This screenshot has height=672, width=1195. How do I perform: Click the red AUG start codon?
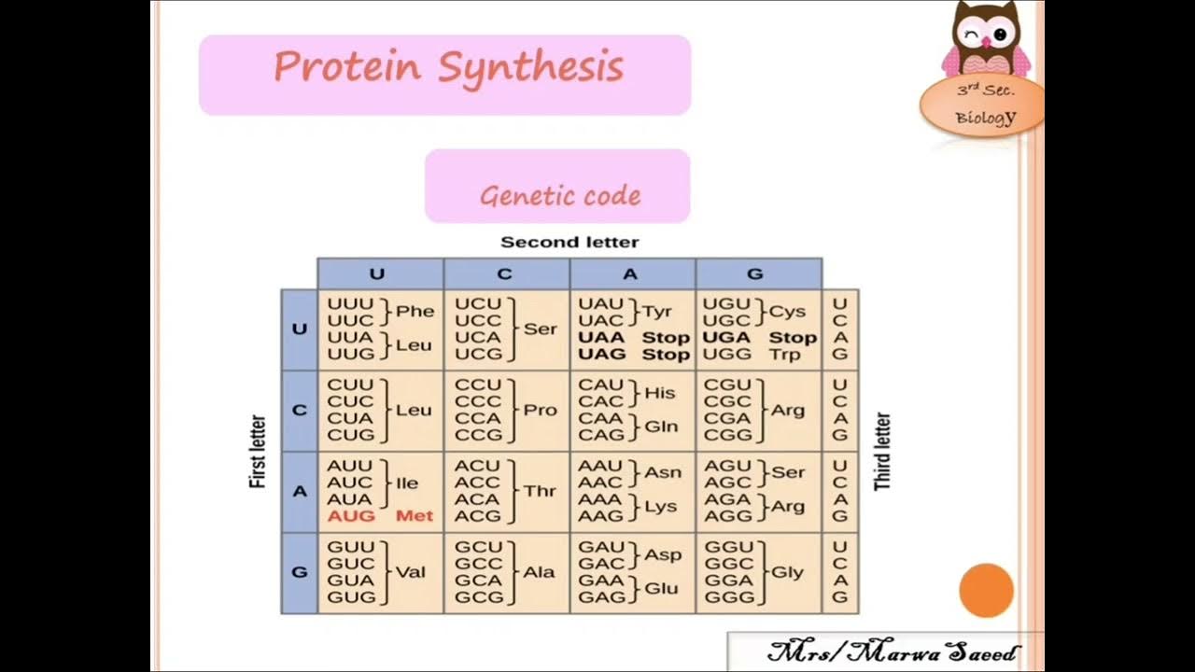coord(351,516)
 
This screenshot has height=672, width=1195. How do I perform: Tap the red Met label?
coord(415,516)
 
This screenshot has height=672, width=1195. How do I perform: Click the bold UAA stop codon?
coord(600,338)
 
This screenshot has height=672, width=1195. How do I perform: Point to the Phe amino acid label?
coord(415,312)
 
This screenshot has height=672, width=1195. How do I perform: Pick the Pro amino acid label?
coord(540,410)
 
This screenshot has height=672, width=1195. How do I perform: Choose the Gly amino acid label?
coord(787,572)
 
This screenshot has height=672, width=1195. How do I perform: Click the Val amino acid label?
coord(411,572)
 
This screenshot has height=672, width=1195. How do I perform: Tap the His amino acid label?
coord(660,393)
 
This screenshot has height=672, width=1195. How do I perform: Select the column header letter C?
coord(505,274)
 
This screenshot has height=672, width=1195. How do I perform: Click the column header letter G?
coord(755,274)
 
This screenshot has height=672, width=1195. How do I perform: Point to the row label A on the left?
coord(300,491)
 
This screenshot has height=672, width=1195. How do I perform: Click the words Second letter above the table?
coord(569,243)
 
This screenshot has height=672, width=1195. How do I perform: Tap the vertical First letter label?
coord(259,452)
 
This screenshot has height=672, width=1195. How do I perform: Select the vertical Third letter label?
coord(882,452)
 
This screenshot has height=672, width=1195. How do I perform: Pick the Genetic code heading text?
coord(560,196)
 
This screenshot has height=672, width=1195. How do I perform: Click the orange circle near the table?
coord(986,590)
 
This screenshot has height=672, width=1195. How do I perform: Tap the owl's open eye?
coord(1000,35)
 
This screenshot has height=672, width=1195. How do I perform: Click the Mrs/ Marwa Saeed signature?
coord(892,652)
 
